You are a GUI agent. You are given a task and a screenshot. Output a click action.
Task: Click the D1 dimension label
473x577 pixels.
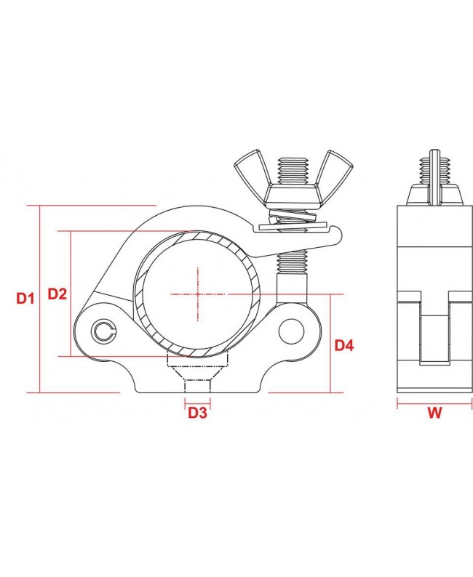point(25,298)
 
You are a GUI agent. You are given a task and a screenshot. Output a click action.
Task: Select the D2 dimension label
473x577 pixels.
point(57,294)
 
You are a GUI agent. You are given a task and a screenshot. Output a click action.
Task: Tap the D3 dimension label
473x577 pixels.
point(197,413)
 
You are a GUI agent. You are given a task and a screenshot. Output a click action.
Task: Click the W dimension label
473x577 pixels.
point(434,413)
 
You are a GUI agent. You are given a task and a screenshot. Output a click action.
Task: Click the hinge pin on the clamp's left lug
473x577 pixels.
point(104,332)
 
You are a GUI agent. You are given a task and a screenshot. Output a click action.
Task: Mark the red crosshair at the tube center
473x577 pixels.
point(197,294)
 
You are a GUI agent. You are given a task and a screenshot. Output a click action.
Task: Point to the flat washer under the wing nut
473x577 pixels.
point(291,225)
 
